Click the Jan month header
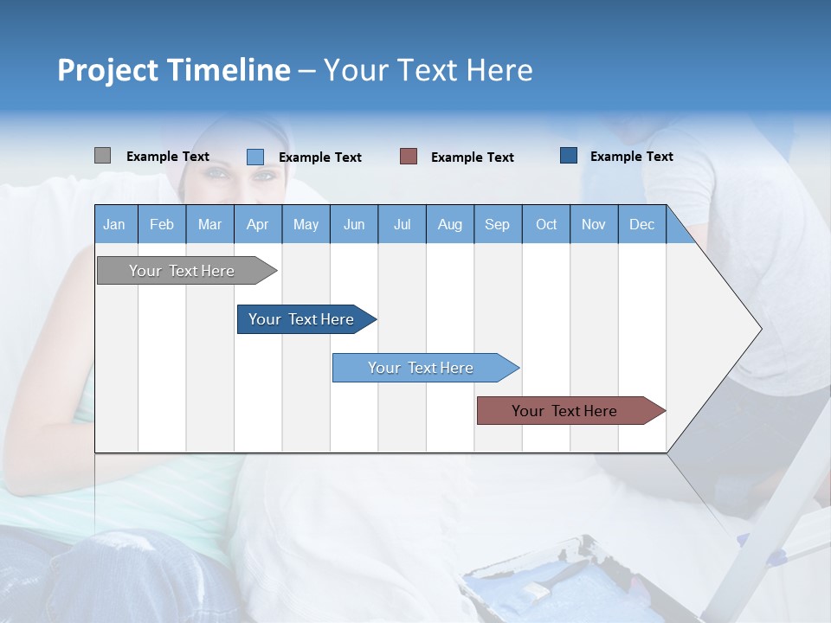114,224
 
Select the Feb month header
162,224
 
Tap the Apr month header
257,224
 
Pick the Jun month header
354,224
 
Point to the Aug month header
450,224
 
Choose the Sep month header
497,224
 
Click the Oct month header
546,224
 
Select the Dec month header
641,224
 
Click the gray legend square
102,156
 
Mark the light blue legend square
254,157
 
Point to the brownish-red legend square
409,157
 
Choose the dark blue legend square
569,156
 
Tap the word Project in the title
109,70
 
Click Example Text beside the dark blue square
631,157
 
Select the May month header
306,224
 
